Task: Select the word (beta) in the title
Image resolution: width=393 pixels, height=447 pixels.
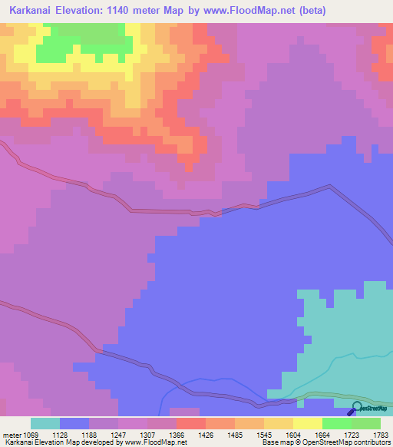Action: pos(313,11)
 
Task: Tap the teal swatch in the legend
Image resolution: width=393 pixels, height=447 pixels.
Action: pos(45,423)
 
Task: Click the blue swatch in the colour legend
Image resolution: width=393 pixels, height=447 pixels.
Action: pos(74,423)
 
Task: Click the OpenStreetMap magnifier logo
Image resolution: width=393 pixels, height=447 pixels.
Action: pos(357,408)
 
